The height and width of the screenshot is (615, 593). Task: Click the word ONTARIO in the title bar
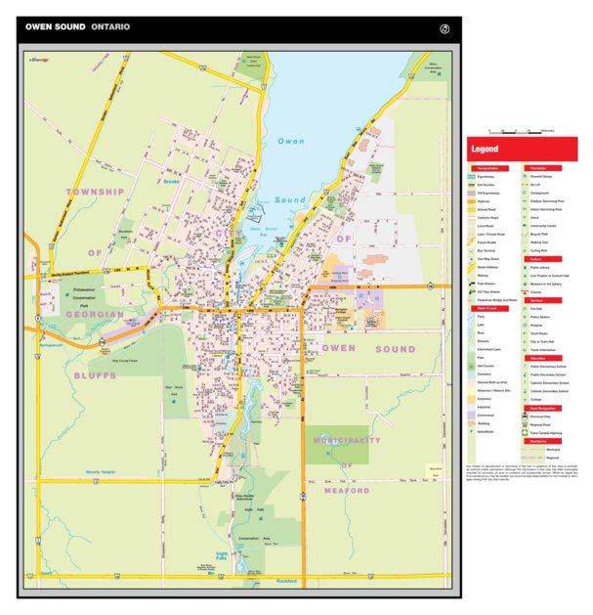[x=110, y=27]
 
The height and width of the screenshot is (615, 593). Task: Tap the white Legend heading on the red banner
[x=485, y=150]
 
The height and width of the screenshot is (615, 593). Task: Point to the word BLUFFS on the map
[x=96, y=374]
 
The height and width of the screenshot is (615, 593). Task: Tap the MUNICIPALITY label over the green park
[x=347, y=441]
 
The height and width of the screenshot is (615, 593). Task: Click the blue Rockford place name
[x=286, y=581]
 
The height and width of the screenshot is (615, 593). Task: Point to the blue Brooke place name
[x=172, y=181]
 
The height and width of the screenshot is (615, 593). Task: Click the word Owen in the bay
[x=291, y=143]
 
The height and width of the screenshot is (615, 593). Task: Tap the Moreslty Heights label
[x=101, y=471]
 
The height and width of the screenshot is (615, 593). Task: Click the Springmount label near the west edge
[x=50, y=344]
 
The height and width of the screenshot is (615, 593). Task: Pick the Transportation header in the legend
[x=488, y=168]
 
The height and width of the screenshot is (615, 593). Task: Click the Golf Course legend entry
[x=486, y=366]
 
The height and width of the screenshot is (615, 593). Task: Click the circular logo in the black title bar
[x=445, y=27]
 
